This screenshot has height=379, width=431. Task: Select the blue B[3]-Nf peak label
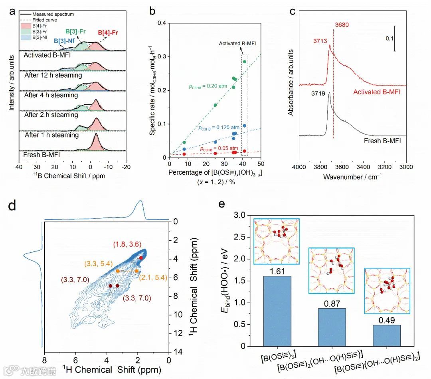click(62, 40)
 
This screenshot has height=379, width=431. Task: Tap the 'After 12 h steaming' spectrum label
click(53, 75)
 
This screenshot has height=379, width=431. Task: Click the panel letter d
click(13, 205)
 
